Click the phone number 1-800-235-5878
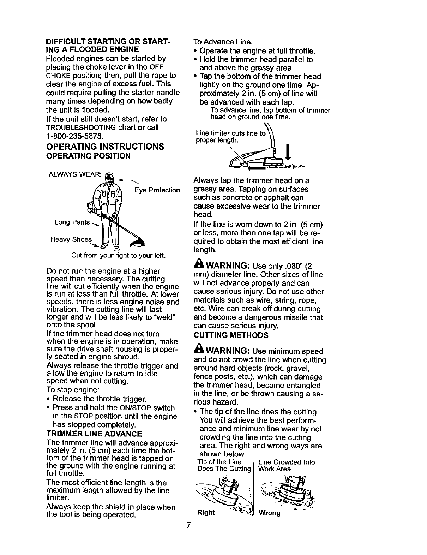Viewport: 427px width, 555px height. [74, 135]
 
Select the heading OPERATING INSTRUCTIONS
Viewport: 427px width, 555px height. [105, 147]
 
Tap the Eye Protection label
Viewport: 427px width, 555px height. [157, 190]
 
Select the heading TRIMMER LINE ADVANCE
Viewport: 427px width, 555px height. [94, 433]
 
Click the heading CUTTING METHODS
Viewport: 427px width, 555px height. [231, 334]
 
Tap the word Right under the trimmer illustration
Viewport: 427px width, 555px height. [206, 512]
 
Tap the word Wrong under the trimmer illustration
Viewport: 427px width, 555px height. [269, 512]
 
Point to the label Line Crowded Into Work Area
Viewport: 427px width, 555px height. [286, 466]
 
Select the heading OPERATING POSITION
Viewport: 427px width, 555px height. [88, 156]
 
